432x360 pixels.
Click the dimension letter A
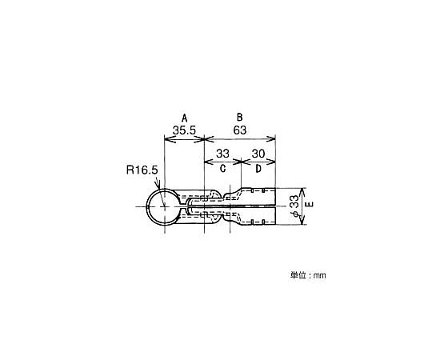tap(184, 118)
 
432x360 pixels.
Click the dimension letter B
tap(239, 117)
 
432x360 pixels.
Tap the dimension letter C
tap(223, 168)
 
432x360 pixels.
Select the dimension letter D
tap(258, 168)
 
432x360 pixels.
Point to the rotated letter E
tap(310, 204)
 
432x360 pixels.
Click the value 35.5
tap(184, 130)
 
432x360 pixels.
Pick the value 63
tap(240, 130)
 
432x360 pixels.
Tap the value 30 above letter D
tap(258, 154)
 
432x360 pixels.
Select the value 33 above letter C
tap(222, 154)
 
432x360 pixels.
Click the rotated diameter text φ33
tap(294, 206)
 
